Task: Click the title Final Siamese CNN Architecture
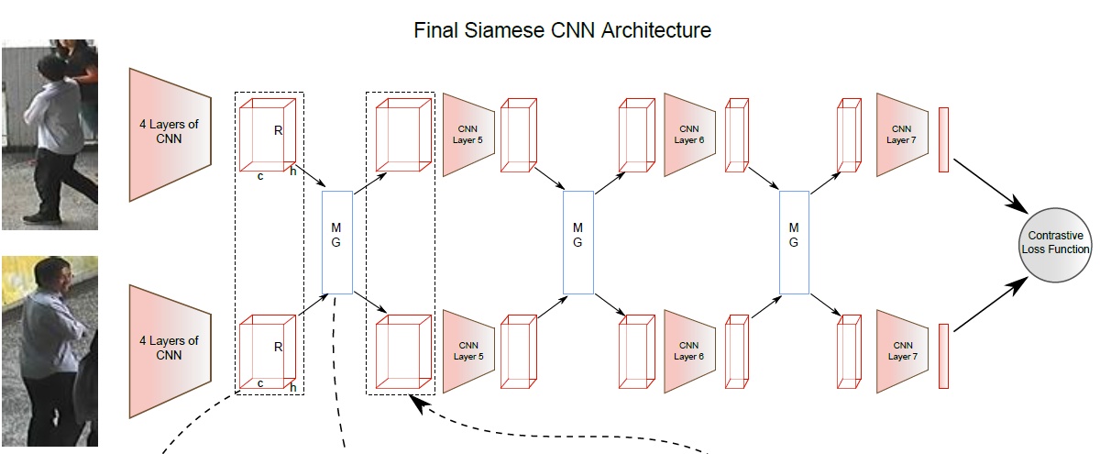coord(563,30)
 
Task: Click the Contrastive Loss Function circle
coord(1058,243)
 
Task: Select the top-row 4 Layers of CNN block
coord(170,134)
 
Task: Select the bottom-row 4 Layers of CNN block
coord(170,348)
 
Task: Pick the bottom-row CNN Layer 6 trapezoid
coord(688,350)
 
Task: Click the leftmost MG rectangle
coord(337,242)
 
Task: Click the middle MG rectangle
coord(577,242)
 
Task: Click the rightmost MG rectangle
coord(794,242)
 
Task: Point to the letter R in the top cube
coord(278,131)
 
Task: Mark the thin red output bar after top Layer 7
coord(942,139)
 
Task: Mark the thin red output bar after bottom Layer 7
coord(942,355)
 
